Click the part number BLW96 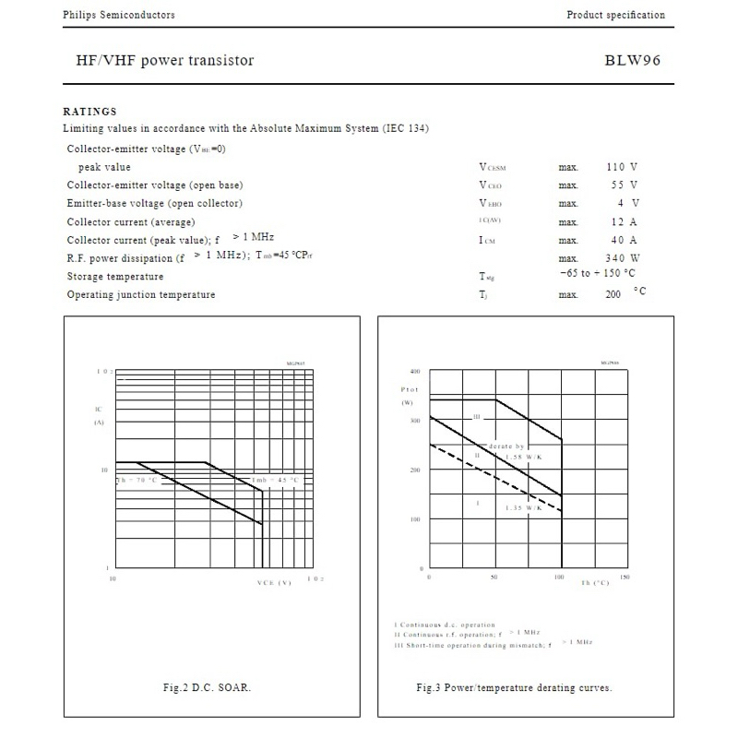[x=633, y=61]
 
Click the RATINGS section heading [x=89, y=112]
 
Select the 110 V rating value [x=622, y=167]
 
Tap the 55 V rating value [x=625, y=185]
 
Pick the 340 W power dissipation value [x=623, y=258]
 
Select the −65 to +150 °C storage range [x=597, y=274]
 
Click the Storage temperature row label [x=115, y=277]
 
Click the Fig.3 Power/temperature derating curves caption [x=514, y=687]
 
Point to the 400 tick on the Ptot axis [x=414, y=371]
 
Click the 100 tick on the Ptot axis [x=414, y=519]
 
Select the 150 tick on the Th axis [x=625, y=577]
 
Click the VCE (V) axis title [x=274, y=583]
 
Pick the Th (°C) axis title [x=595, y=583]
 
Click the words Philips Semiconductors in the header [x=118, y=15]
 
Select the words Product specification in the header [x=615, y=15]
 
